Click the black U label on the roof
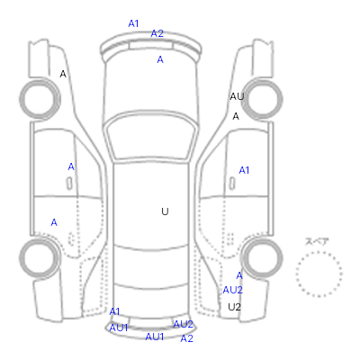tap(165, 211)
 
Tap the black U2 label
tap(235, 307)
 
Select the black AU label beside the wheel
tap(237, 96)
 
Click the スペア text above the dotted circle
tap(317, 241)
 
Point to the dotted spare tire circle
tap(319, 252)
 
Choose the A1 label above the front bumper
tap(133, 23)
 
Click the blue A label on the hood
tap(160, 59)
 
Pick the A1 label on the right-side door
tap(244, 170)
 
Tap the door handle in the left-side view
tap(69, 184)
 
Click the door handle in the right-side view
tap(232, 184)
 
